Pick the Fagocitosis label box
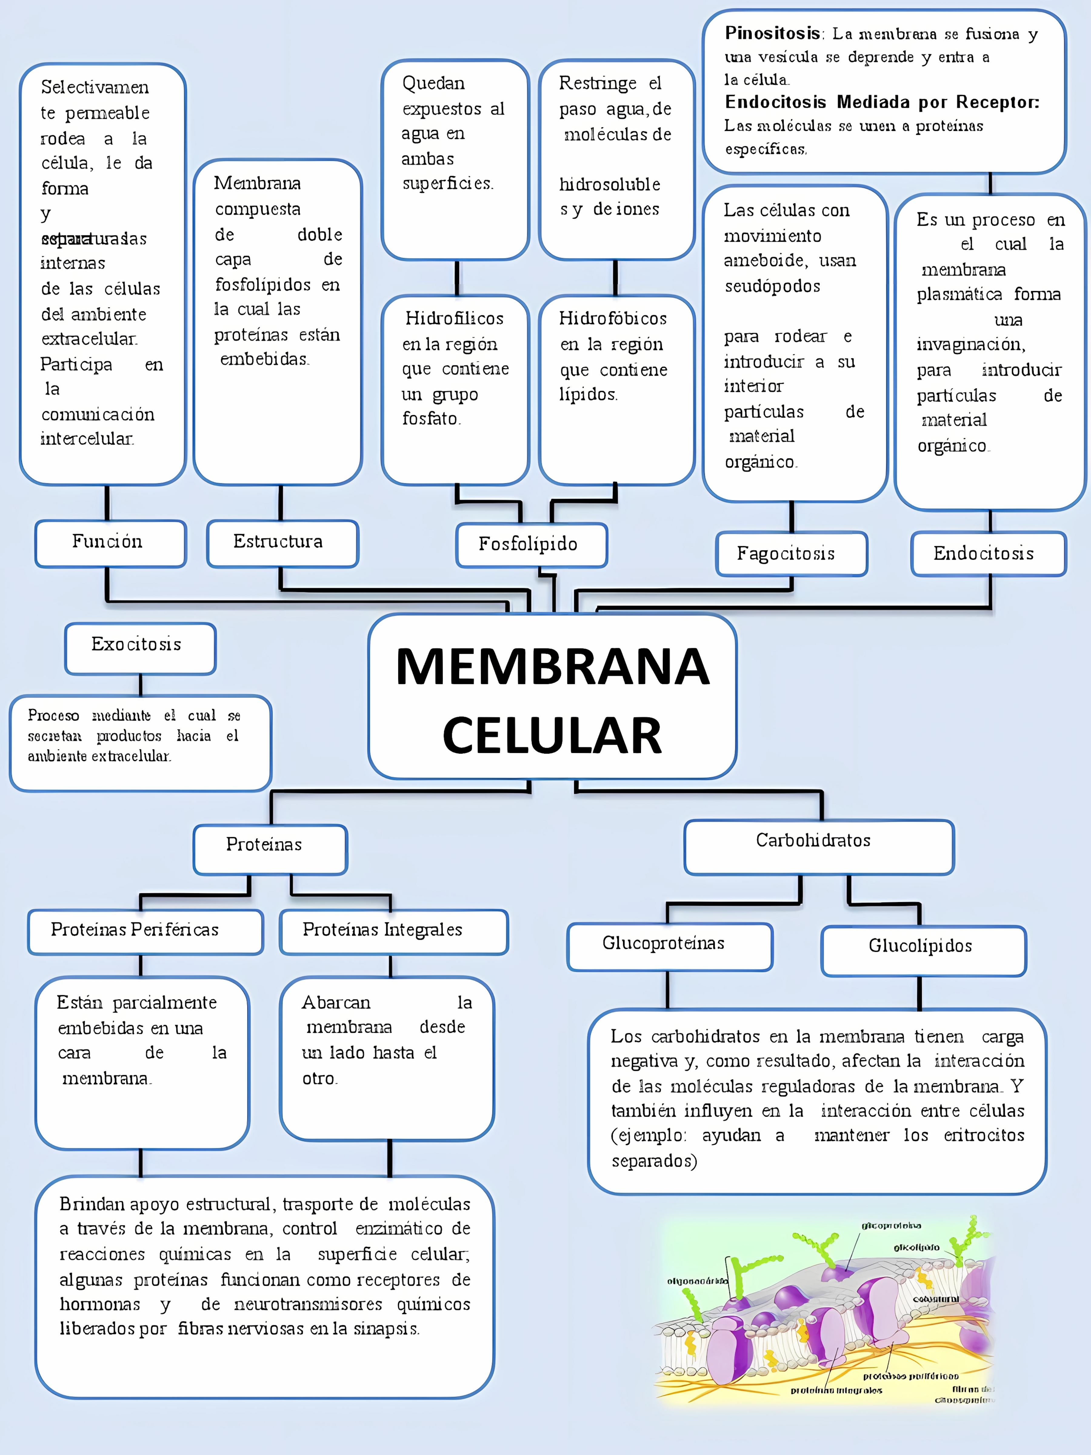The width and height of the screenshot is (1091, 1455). [x=791, y=554]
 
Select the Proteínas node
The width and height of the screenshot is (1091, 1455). [x=270, y=848]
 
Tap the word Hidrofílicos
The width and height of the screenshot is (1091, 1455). [x=454, y=319]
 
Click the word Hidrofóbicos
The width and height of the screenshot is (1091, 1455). [x=612, y=319]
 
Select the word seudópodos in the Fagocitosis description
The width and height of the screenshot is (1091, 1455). [x=772, y=287]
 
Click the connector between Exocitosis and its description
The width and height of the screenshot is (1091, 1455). [x=140, y=685]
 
